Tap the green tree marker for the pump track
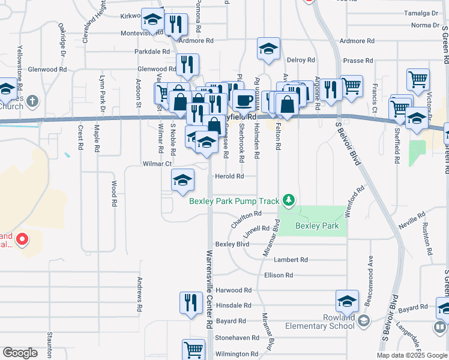[289, 199]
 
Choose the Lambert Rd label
[291, 260]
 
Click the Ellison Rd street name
[278, 275]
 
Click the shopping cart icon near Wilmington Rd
[193, 350]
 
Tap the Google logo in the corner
[20, 353]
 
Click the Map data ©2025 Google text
[412, 355]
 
